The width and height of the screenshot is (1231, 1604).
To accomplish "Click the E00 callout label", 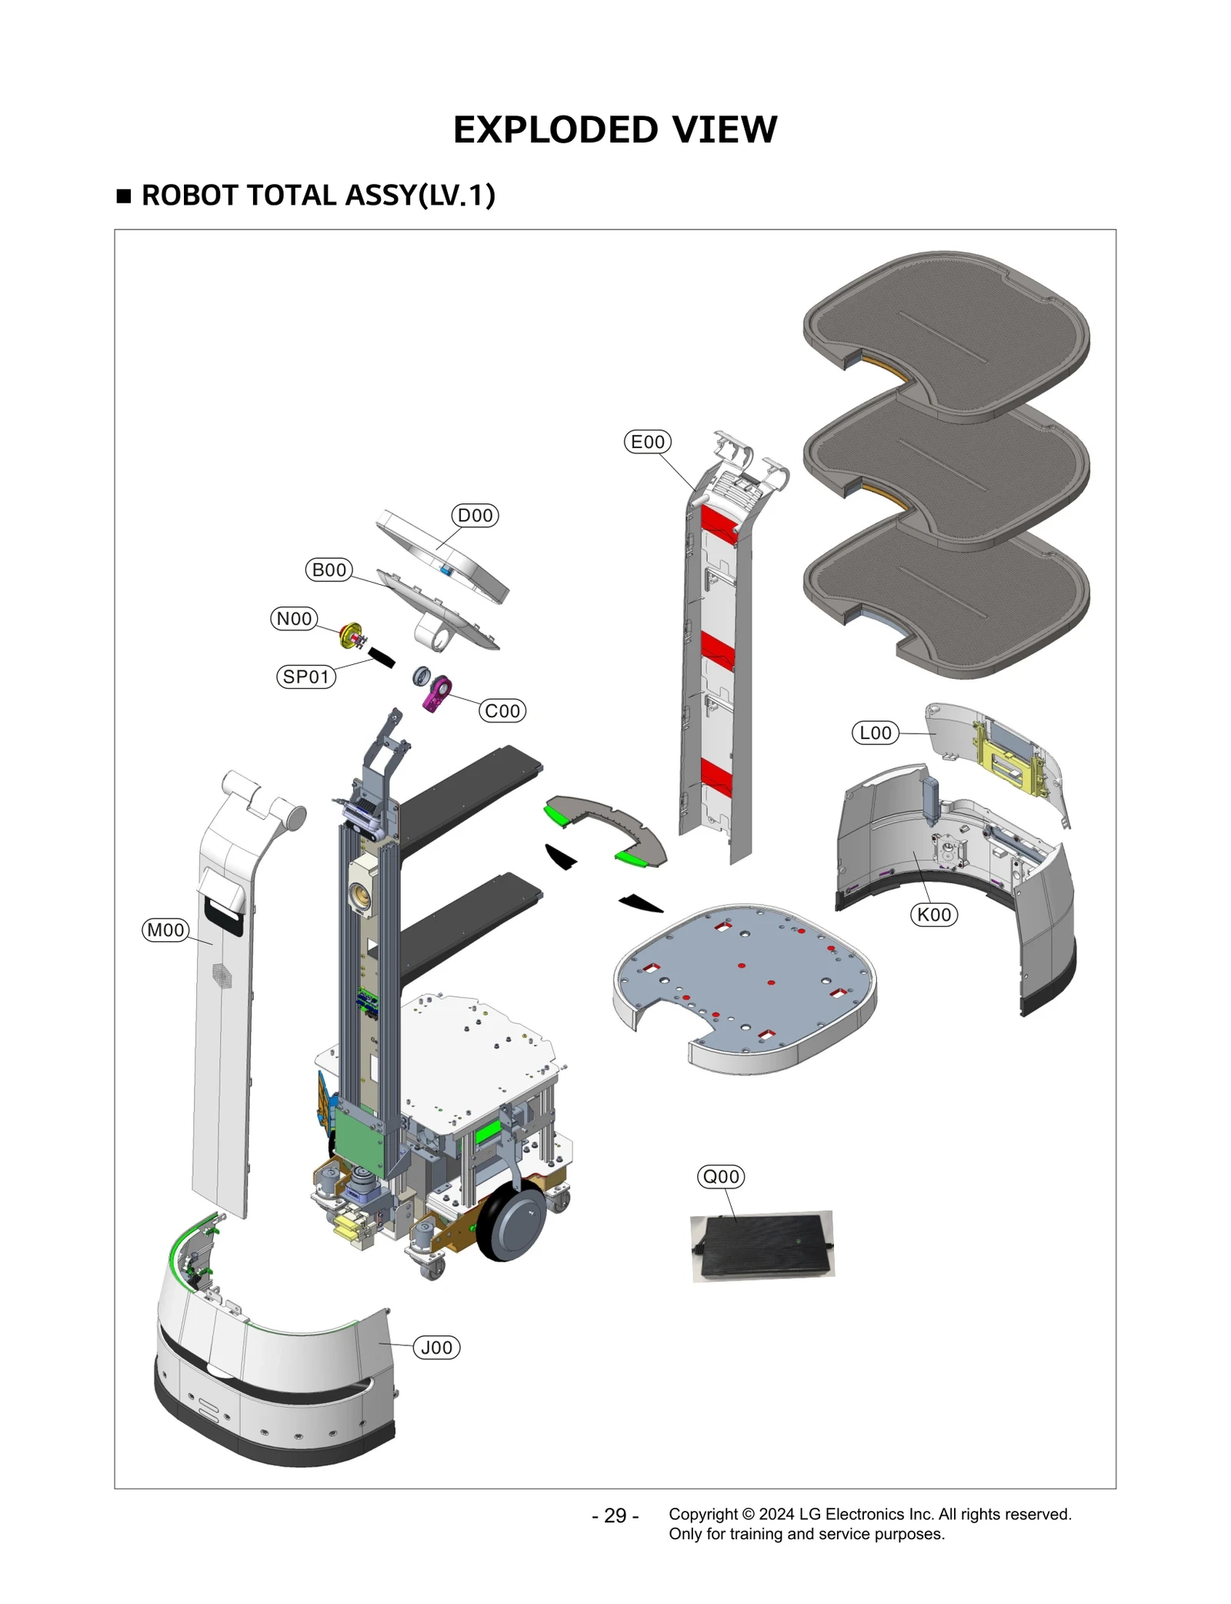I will pos(647,442).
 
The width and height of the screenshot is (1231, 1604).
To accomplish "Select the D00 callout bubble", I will pos(475,516).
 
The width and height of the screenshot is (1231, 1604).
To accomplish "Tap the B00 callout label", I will pos(329,570).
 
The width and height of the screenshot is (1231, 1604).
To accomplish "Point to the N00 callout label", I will pos(294,619).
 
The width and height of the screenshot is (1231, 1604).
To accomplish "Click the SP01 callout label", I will pos(306,677).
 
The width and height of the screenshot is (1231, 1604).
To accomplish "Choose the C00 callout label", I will pos(502,711).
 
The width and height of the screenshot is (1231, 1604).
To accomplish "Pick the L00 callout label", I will pos(876,733).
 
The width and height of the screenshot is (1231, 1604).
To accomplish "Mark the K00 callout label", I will pos(935,915).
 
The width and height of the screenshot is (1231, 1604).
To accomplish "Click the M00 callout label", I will pos(165,931).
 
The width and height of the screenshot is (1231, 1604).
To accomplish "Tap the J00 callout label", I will pos(436,1348).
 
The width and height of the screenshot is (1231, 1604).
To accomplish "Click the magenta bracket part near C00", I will pos(438,692).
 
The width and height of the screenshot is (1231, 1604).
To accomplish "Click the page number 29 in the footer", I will pos(615,1515).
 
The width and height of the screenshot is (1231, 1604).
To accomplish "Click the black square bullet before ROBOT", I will pos(124,195).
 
